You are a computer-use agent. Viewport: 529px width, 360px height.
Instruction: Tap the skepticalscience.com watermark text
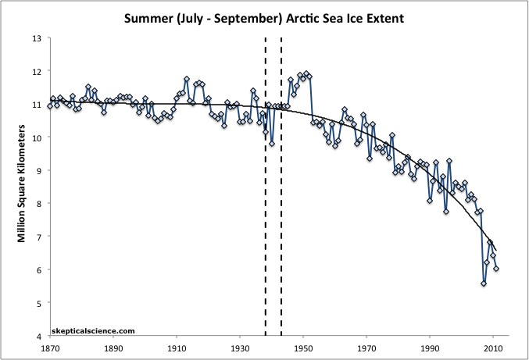click(x=88, y=330)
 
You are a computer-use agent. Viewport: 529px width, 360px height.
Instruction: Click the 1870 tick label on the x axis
click(x=50, y=348)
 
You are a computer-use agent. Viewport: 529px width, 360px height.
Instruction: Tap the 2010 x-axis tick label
click(x=493, y=348)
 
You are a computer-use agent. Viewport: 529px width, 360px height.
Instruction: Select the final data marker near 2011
click(x=496, y=269)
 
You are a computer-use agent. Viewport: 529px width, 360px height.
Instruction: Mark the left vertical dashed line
click(x=266, y=187)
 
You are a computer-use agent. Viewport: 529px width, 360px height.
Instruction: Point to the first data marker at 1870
click(x=50, y=105)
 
